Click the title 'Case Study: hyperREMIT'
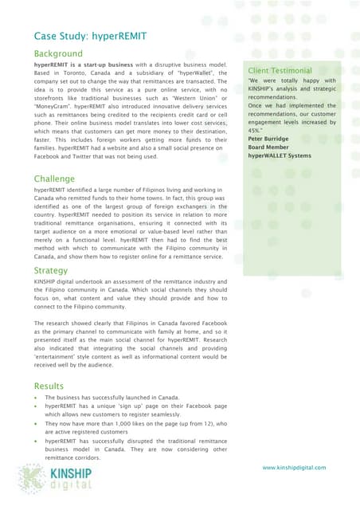(x=88, y=37)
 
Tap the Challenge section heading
(x=54, y=179)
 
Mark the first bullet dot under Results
(x=37, y=398)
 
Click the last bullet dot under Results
(x=37, y=441)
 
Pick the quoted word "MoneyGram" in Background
(x=56, y=104)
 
